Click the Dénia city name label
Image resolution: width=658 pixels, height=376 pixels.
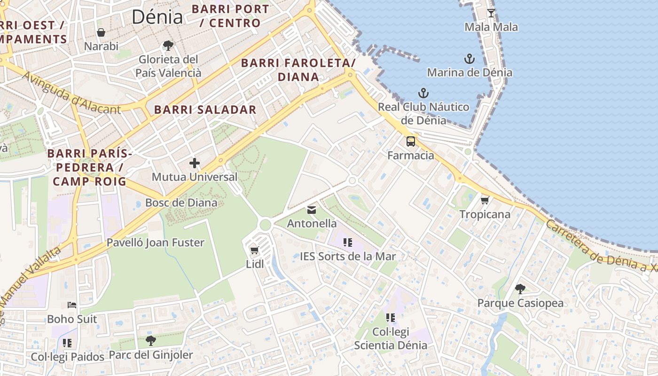[157, 17]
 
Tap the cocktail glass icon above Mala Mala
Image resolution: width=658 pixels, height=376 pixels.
[491, 13]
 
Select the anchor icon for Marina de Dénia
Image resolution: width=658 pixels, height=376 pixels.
[470, 59]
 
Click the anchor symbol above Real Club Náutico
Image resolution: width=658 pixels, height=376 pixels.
[423, 93]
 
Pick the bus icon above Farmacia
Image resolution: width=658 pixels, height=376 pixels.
[411, 141]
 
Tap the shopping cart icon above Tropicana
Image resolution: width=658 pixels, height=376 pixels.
[485, 200]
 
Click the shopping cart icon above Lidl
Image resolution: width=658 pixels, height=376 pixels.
[255, 250]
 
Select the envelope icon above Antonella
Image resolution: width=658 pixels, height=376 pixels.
[312, 210]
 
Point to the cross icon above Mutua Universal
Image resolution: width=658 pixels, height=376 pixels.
[195, 163]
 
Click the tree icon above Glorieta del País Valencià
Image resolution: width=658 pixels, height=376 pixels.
[168, 46]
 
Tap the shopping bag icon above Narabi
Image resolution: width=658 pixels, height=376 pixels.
[101, 32]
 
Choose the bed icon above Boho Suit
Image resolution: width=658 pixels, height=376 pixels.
[72, 305]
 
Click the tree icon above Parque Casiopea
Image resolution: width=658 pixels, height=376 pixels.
[520, 289]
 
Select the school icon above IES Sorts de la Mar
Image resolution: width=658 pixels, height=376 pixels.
[348, 243]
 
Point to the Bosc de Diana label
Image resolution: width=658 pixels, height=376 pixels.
[181, 203]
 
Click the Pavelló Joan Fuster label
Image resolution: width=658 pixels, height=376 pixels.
[156, 243]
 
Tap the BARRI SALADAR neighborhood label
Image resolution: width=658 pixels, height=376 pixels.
[205, 110]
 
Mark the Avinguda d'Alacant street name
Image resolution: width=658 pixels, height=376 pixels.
[70, 93]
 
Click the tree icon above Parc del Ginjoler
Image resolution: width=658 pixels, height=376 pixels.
[150, 340]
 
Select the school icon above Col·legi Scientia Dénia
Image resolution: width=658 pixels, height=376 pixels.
[391, 318]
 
